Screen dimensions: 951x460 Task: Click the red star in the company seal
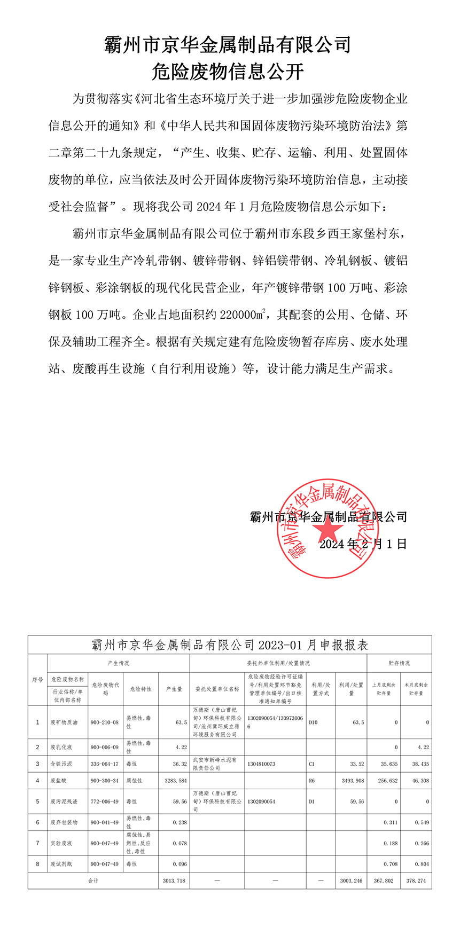tap(327, 529)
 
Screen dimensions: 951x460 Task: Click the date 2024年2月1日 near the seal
tap(363, 544)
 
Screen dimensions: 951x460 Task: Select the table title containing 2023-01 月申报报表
tap(230, 645)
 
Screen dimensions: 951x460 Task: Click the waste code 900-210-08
tap(105, 722)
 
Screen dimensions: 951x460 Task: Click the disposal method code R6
tap(312, 781)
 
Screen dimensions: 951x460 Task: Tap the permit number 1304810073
tap(261, 764)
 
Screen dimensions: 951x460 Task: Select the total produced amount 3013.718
tap(174, 881)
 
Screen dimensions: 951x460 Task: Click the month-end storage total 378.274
tap(416, 881)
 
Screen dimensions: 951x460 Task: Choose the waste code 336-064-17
tap(105, 764)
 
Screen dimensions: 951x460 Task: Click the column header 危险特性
tap(141, 689)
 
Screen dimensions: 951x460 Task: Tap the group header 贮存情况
tap(399, 663)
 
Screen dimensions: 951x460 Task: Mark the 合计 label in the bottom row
tap(93, 881)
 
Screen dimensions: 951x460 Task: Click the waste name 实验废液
tap(61, 843)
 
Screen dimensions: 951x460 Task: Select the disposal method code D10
tap(313, 722)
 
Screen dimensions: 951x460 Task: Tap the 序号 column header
tap(37, 680)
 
